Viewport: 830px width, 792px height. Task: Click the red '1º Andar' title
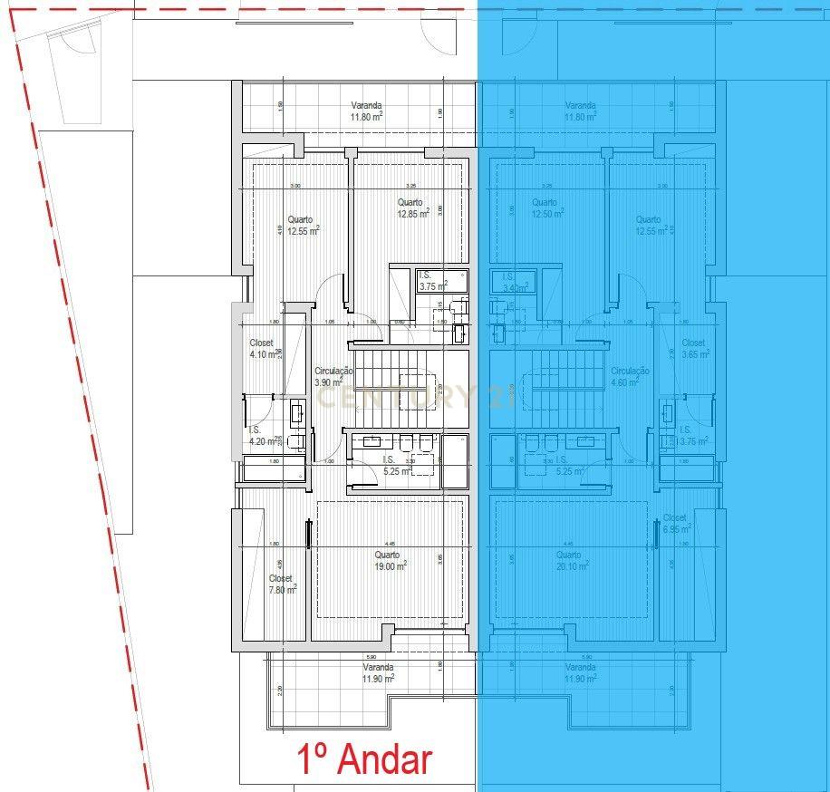tap(366, 758)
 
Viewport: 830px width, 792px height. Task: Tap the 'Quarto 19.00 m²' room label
tap(389, 560)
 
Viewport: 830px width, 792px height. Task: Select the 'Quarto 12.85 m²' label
tap(412, 208)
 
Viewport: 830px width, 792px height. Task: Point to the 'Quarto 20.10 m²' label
tap(570, 560)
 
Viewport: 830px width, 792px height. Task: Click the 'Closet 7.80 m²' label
tap(282, 584)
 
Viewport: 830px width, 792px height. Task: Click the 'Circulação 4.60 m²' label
tap(630, 377)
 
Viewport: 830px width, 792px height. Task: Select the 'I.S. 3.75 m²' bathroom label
tap(433, 280)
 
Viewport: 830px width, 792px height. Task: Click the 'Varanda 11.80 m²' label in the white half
tap(366, 111)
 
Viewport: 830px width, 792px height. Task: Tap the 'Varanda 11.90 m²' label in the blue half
tap(580, 672)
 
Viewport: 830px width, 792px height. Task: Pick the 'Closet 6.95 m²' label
tap(676, 522)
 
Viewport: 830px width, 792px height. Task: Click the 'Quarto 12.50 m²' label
tap(546, 208)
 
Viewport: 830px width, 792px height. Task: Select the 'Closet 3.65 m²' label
tap(693, 349)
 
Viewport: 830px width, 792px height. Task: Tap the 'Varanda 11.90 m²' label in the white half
tap(378, 672)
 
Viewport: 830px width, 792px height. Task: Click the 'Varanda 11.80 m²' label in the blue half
tap(580, 111)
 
